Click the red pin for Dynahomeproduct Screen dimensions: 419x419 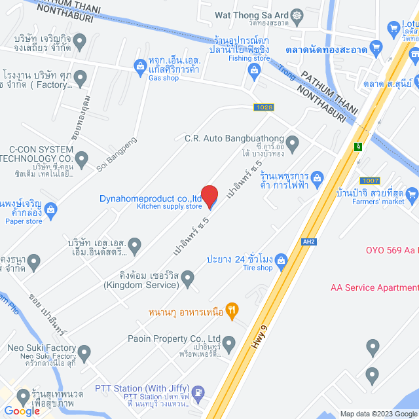click(x=209, y=195)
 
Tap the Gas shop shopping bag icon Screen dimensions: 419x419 click(x=139, y=65)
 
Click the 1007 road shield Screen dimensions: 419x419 click(x=369, y=180)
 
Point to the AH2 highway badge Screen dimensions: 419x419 click(x=309, y=241)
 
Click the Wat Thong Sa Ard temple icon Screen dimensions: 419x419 click(x=298, y=14)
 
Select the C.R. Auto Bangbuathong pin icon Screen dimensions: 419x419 click(x=293, y=142)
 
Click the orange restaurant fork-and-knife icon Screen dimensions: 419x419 click(x=230, y=310)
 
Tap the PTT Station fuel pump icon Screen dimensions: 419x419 click(x=200, y=393)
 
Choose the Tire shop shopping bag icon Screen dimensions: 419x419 click(x=281, y=260)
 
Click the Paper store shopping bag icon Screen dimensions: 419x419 click(x=52, y=208)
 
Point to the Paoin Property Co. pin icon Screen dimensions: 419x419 click(x=228, y=342)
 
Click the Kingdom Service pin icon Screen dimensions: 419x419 click(x=188, y=280)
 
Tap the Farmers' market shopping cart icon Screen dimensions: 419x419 click(x=412, y=194)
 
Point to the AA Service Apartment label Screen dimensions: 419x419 click(x=374, y=287)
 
